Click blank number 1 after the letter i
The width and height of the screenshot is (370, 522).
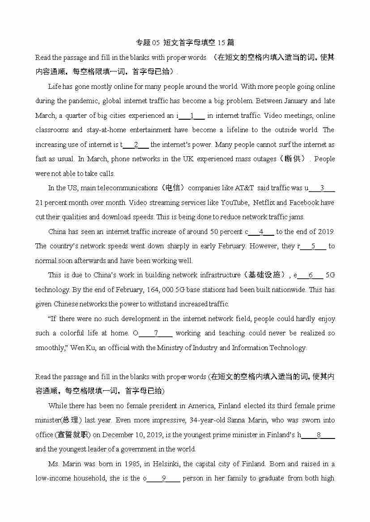[x=191, y=116]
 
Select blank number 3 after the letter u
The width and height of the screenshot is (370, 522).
[x=322, y=188]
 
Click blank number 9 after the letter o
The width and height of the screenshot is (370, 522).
[x=164, y=478]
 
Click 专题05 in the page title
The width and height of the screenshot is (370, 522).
[x=147, y=43]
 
